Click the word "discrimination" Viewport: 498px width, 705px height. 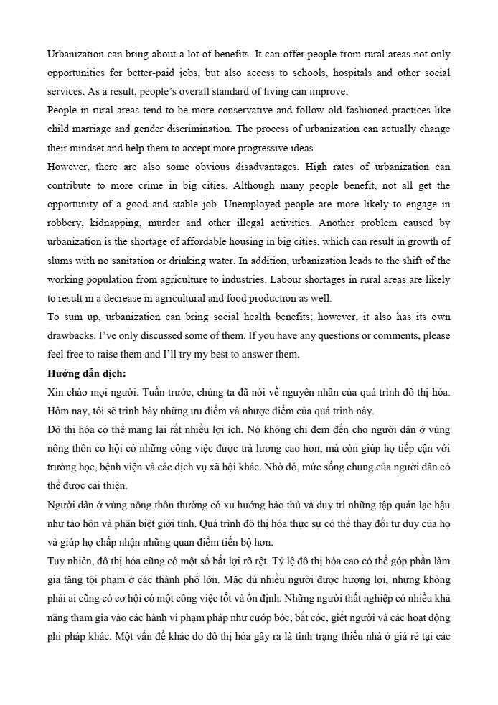[x=197, y=129]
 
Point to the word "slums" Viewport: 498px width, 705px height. [x=60, y=260]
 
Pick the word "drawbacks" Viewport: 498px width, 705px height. [x=70, y=335]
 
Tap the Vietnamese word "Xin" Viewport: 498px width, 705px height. [x=55, y=391]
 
